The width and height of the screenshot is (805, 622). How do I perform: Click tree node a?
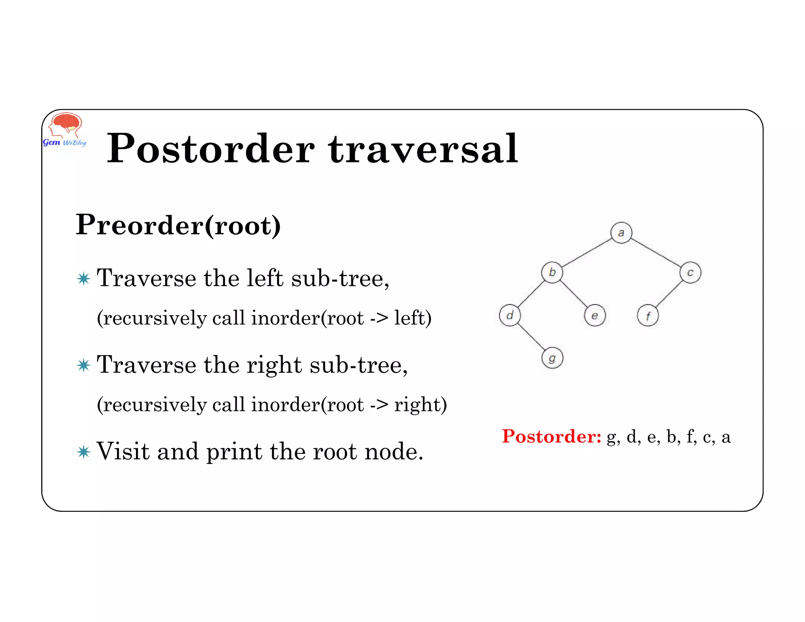(x=621, y=233)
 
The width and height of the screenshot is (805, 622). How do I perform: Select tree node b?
(x=552, y=272)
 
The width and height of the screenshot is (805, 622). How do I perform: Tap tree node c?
(x=690, y=272)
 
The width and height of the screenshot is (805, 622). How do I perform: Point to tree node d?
(x=510, y=315)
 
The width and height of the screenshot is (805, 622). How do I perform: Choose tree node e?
(x=595, y=315)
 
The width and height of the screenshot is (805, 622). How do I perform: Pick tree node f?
(x=648, y=316)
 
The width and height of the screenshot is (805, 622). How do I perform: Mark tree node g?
(x=552, y=358)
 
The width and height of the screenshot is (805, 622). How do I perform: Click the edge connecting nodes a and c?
(x=656, y=252)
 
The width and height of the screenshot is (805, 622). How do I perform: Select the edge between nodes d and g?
(x=531, y=337)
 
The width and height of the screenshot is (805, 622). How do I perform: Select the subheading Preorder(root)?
(x=178, y=225)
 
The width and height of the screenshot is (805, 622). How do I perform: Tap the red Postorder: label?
(x=551, y=436)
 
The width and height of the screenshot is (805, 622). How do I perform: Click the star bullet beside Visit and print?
(x=84, y=452)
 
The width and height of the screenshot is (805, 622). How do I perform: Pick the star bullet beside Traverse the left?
(x=84, y=279)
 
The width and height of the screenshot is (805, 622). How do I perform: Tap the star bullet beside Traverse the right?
(x=84, y=365)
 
